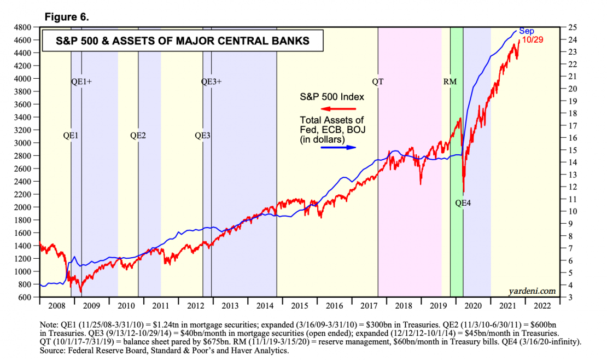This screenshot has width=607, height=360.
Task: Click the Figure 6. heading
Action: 67,17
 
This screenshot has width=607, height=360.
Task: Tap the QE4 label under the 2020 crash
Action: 463,203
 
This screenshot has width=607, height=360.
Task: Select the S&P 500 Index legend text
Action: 331,97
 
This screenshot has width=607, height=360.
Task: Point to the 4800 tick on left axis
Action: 25,27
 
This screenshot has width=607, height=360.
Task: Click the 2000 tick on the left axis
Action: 25,207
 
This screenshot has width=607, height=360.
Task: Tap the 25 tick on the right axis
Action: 571,27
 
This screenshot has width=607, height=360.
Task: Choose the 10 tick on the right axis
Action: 571,211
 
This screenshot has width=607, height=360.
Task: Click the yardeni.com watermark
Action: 532,291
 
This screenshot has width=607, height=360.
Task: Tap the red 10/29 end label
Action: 532,40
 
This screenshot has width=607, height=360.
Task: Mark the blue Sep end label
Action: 526,31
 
